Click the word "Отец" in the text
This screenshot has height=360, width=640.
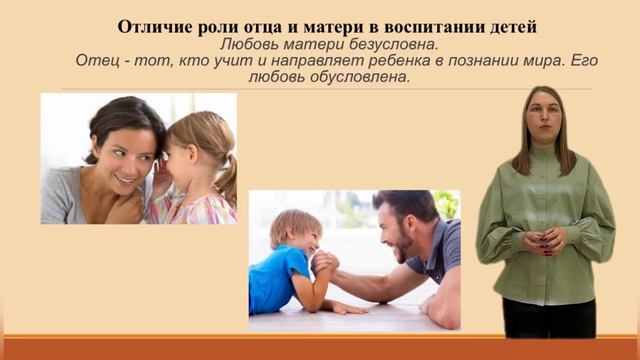pyautogui.click(x=95, y=61)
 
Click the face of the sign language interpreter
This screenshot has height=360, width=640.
pyautogui.click(x=544, y=118)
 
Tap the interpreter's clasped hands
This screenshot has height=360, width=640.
pyautogui.click(x=544, y=241)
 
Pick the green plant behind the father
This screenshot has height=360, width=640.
pyautogui.click(x=446, y=204)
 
